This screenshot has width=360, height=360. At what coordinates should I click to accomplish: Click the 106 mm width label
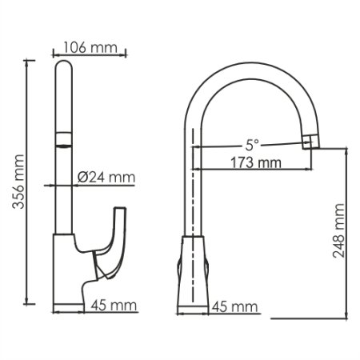(x=90, y=46)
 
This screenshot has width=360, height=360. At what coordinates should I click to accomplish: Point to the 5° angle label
(x=252, y=146)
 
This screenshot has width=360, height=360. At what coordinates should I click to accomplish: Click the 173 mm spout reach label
(x=252, y=163)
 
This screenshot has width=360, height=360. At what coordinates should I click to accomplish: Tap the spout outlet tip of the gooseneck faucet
(x=311, y=142)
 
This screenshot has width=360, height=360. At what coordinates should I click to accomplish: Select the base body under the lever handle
(x=68, y=272)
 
